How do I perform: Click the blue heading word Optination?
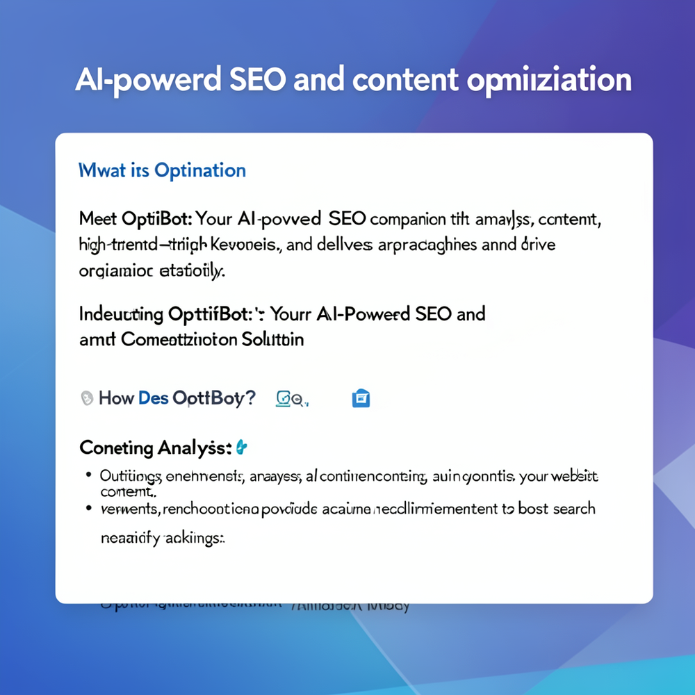click(200, 170)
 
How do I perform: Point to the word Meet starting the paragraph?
click(98, 220)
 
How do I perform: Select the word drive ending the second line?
click(536, 245)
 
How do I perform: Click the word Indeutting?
click(121, 314)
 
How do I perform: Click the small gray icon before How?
click(87, 398)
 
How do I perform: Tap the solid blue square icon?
click(361, 398)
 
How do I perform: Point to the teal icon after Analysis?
click(241, 447)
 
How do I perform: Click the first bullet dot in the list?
click(88, 476)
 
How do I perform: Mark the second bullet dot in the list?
click(88, 508)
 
